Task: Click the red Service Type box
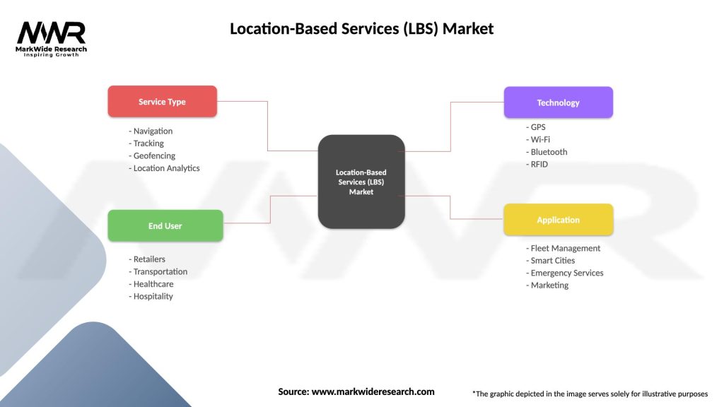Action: (162, 102)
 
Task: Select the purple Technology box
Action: (558, 102)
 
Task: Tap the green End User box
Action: (165, 226)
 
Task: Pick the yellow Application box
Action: (558, 220)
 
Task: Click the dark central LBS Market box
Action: (361, 182)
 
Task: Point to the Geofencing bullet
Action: (154, 155)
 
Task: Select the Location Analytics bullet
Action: (166, 168)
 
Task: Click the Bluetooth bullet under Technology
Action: (549, 152)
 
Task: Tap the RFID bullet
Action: (539, 165)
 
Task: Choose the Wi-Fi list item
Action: (540, 139)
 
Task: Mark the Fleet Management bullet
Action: (566, 248)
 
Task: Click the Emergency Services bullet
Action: (567, 273)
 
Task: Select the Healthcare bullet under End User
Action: (153, 284)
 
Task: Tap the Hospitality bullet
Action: (153, 296)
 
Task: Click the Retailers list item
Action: (149, 259)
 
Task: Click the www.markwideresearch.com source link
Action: (373, 391)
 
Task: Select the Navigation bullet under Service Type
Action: (153, 131)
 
